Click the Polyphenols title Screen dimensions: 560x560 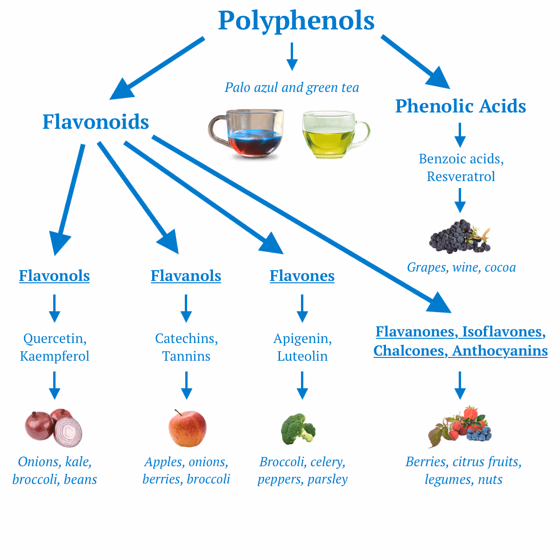pos(296,21)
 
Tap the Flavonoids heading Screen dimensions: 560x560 pos(96,122)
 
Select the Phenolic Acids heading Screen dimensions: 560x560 pos(461,106)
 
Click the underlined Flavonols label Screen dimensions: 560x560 pos(54,276)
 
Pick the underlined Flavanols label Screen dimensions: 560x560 pos(186,276)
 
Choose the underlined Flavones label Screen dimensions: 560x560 pos(302,276)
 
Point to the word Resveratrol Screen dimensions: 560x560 pos(461,176)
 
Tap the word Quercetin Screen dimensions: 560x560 pos(55,338)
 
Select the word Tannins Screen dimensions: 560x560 pos(186,357)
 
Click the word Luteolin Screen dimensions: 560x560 pos(302,357)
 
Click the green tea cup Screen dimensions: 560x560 pos(334,134)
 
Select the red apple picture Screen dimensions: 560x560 pos(187,428)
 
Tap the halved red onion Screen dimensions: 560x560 pos(68,432)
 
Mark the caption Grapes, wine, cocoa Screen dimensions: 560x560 pos(461,267)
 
